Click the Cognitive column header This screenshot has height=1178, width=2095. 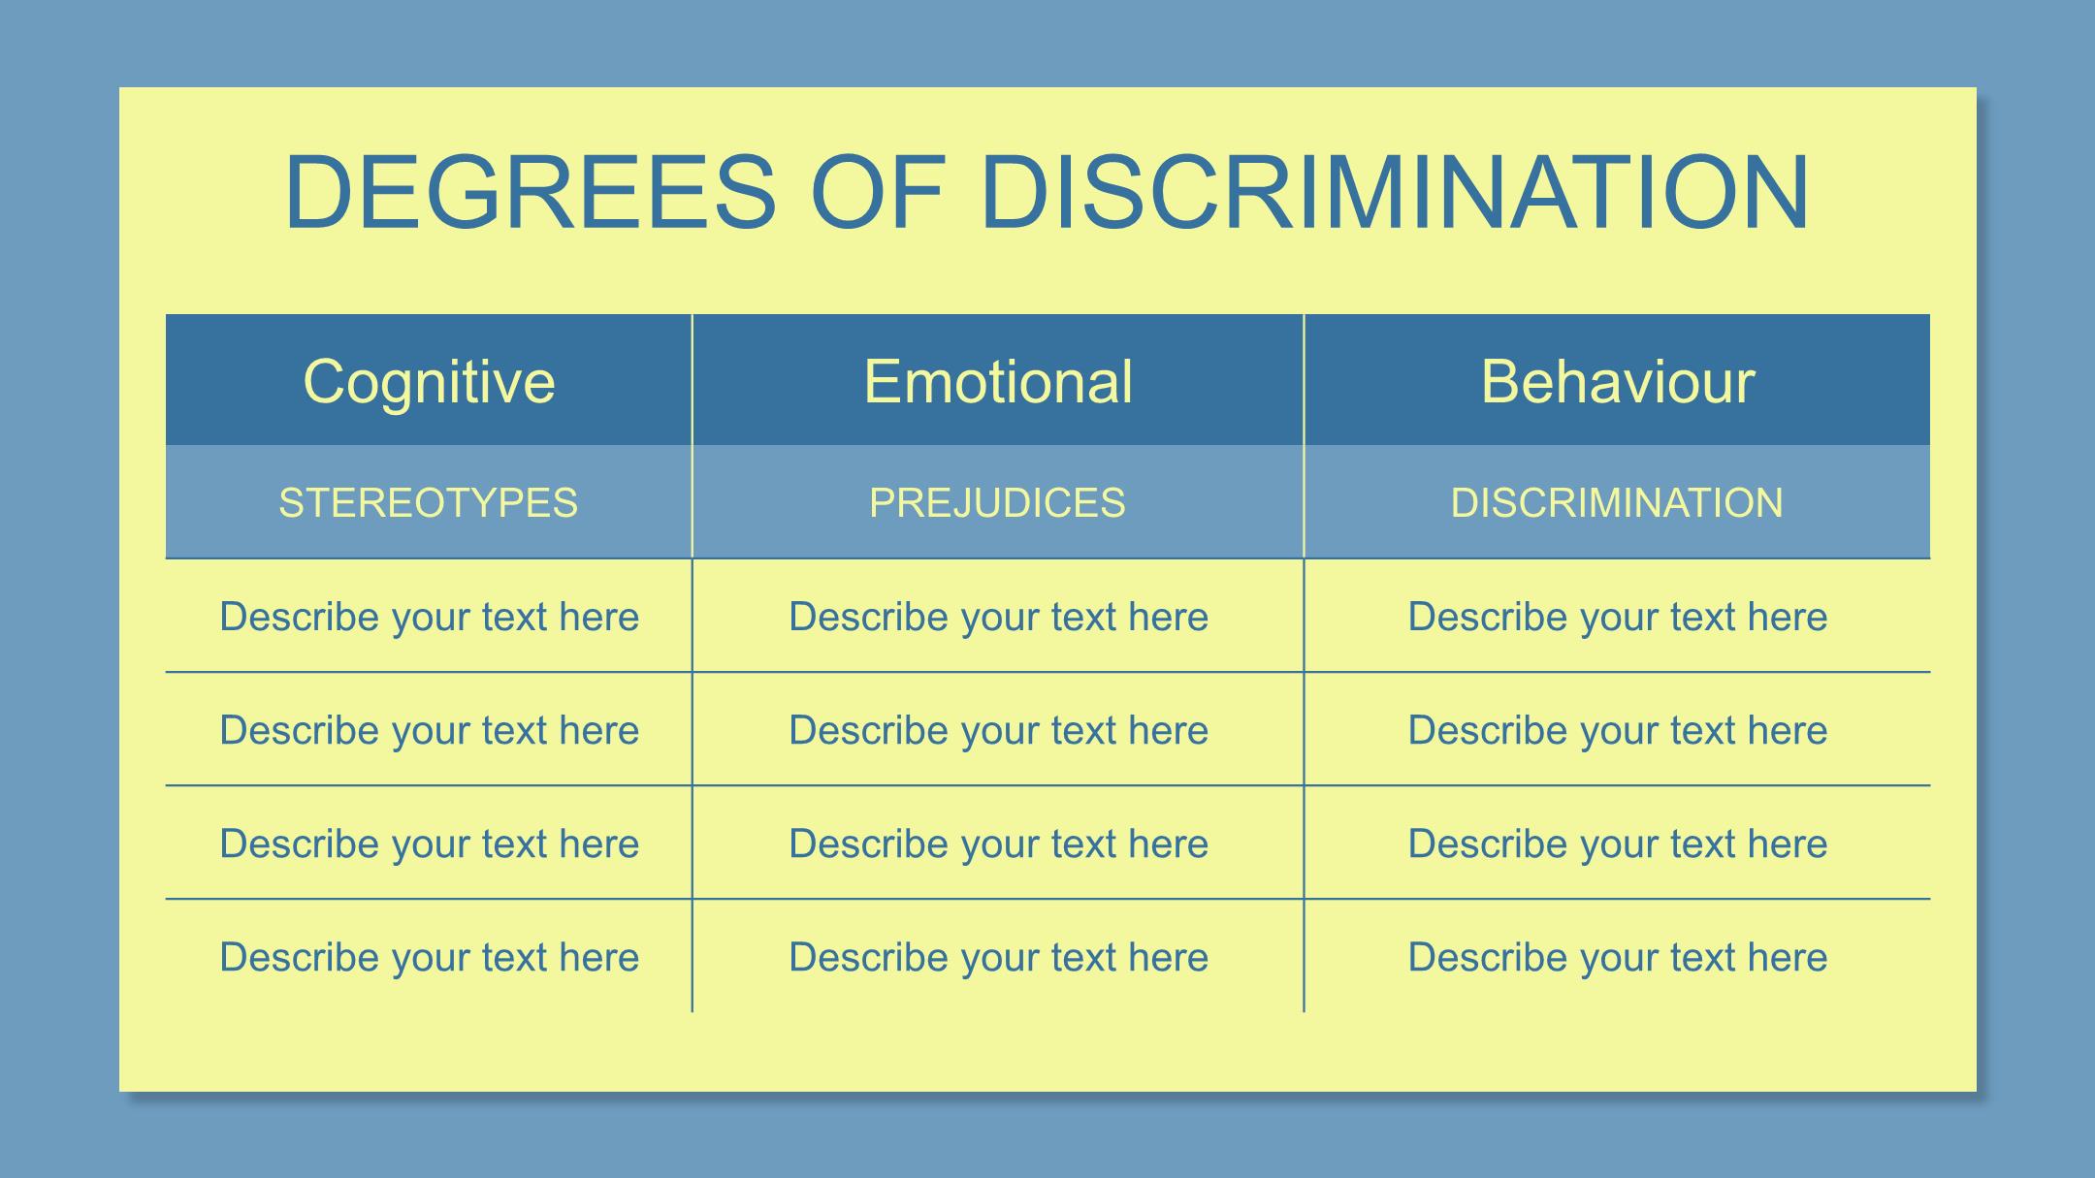[x=430, y=381]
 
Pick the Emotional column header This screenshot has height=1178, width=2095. [x=998, y=381]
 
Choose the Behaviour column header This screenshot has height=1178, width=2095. [x=1618, y=381]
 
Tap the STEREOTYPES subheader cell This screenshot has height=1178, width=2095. [x=429, y=502]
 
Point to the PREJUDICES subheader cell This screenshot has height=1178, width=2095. [x=998, y=502]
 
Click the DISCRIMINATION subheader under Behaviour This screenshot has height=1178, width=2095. [x=1617, y=502]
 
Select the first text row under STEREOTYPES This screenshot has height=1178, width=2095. [x=430, y=617]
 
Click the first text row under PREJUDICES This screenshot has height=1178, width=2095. [x=999, y=617]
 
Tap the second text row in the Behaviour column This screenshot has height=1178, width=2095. [x=1618, y=730]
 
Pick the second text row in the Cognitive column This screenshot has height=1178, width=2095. [x=430, y=730]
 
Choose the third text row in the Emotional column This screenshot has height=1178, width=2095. [x=999, y=844]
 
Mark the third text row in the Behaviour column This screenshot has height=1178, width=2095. [x=1618, y=844]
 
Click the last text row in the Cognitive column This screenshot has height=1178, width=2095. [x=430, y=957]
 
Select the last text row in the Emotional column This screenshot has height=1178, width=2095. [x=999, y=957]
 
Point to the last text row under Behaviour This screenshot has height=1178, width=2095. [x=1618, y=957]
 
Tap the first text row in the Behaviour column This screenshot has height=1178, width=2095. [x=1618, y=617]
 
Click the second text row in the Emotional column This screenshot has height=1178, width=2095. [x=999, y=730]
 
